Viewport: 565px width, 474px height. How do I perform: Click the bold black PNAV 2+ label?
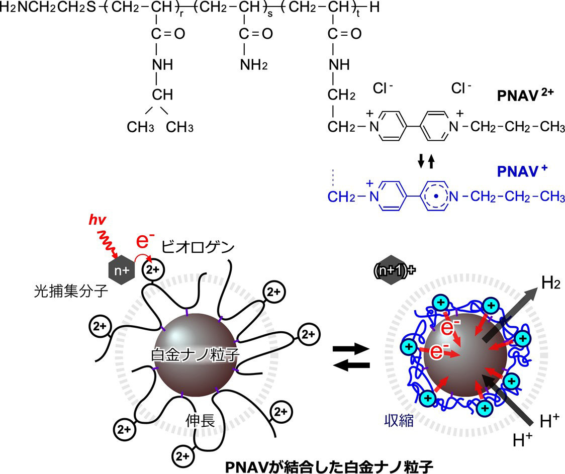point(525,95)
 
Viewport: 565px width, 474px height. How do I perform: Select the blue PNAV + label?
point(522,171)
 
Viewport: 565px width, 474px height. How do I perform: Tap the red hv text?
point(98,220)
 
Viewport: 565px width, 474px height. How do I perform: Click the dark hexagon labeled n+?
point(122,270)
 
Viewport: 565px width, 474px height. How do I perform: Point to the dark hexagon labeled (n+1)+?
point(393,270)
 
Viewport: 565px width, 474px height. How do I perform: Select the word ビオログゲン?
point(198,247)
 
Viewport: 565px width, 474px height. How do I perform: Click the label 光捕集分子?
point(71,291)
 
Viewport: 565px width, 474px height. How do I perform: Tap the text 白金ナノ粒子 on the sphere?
point(195,355)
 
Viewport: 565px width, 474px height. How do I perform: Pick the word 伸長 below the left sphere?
point(201,420)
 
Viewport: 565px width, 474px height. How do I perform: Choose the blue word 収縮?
point(399,420)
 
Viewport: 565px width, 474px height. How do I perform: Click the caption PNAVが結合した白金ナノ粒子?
point(329,467)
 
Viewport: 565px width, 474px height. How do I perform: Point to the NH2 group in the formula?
point(254,65)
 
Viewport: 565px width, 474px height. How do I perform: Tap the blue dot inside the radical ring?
point(436,197)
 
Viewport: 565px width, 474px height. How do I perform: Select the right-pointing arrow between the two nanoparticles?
point(351,349)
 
